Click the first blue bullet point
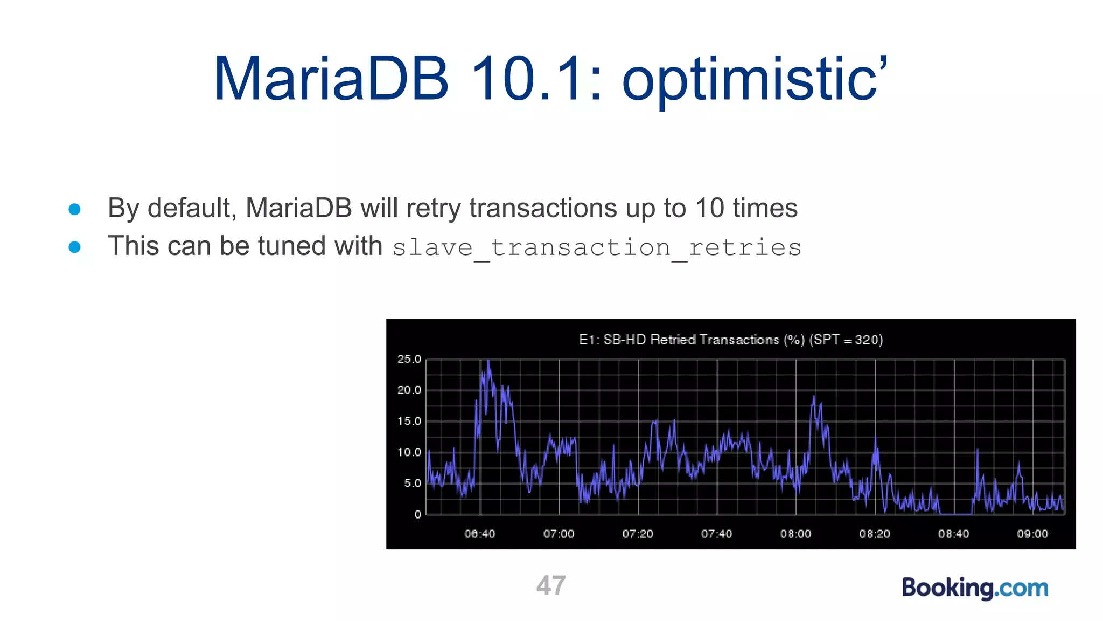click(x=75, y=209)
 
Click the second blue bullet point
click(x=75, y=247)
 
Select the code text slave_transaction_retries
click(x=596, y=248)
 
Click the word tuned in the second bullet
click(x=292, y=246)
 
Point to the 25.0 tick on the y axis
click(x=409, y=359)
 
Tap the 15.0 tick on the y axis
click(x=409, y=421)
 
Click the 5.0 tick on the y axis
click(x=412, y=483)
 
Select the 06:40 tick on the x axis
click(x=480, y=534)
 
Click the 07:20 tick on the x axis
click(x=638, y=534)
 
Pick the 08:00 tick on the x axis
click(x=795, y=534)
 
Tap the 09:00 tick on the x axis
click(x=1032, y=534)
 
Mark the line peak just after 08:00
click(x=814, y=397)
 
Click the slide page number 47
click(x=551, y=585)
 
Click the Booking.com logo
click(x=975, y=588)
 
